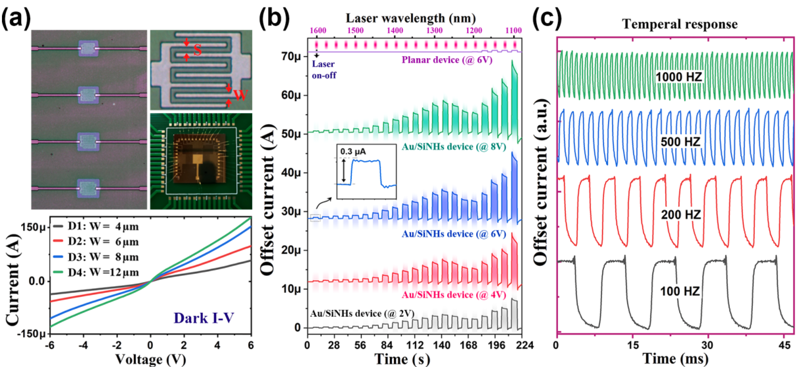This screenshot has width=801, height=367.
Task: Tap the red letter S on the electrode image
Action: pos(197,50)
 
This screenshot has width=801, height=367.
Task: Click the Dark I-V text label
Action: pos(203,318)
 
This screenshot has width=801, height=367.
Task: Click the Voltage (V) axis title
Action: pos(151,359)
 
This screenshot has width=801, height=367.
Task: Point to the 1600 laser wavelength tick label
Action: pos(318,30)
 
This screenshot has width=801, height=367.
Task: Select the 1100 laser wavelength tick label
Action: pos(513,30)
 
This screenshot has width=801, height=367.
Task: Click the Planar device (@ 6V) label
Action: pos(447,60)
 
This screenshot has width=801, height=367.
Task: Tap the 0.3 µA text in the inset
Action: pos(353,152)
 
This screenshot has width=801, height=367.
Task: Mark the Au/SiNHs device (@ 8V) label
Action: pos(454,146)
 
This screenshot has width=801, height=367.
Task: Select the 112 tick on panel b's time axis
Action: pos(415,345)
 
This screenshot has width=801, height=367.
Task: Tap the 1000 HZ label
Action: pos(679,77)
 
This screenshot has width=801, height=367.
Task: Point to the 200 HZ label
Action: pos(681,215)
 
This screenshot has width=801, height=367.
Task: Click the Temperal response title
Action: pos(680,24)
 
